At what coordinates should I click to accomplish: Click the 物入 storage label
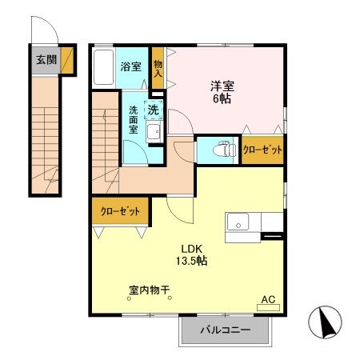158,69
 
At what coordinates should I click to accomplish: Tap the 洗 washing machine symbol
152,108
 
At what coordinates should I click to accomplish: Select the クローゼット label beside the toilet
263,150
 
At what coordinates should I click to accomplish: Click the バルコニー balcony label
225,329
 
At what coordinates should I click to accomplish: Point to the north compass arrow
327,323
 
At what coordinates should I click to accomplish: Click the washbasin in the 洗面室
155,132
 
